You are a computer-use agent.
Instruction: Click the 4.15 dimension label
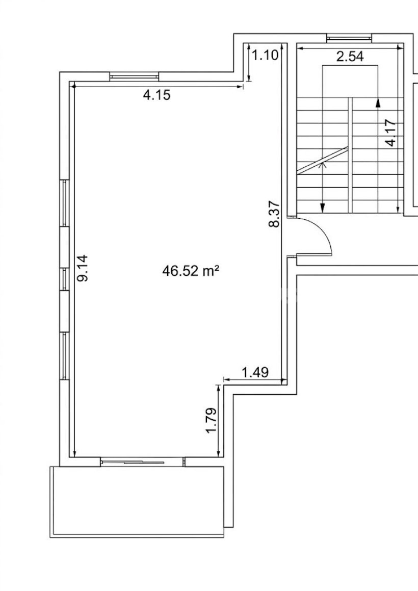156,95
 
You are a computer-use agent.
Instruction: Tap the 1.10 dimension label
265,55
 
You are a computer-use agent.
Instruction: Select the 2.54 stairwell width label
350,57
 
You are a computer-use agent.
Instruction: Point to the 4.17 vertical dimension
391,133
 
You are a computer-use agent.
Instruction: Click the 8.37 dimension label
275,214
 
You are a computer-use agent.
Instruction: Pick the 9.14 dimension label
82,268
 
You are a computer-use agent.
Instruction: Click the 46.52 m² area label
191,271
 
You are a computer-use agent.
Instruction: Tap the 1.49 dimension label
255,372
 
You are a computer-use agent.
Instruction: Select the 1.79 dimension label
212,420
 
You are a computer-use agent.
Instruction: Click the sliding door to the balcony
142,461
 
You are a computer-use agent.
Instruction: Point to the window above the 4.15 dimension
134,76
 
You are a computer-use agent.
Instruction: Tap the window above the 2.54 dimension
349,38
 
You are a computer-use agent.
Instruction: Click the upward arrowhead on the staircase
378,103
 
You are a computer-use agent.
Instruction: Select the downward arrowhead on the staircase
322,208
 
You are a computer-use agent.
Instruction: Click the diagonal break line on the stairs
322,160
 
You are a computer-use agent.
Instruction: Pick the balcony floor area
138,501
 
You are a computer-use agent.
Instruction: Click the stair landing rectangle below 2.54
350,81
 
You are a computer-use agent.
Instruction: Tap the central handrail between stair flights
350,155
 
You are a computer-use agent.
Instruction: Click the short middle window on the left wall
65,279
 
